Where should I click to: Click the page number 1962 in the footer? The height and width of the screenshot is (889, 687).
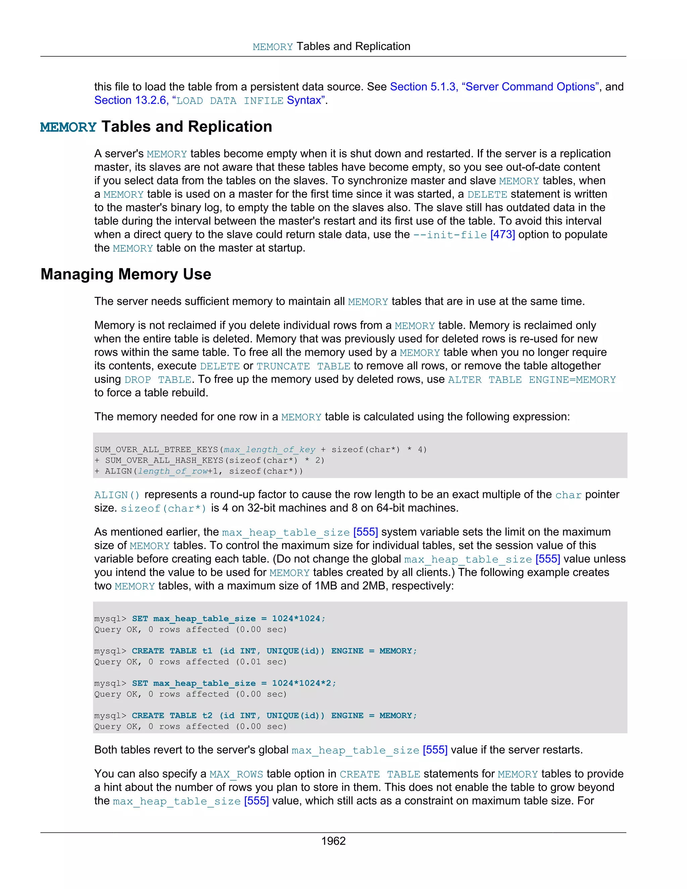tap(333, 841)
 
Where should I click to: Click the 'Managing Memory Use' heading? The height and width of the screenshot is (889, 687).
tap(126, 274)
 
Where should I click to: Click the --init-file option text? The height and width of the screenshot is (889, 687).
tap(450, 235)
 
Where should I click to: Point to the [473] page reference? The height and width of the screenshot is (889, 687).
tap(502, 235)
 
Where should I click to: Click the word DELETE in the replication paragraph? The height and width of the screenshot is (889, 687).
tap(487, 195)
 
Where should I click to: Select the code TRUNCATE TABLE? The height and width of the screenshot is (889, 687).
tap(303, 366)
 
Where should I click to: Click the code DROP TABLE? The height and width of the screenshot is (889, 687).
tap(158, 380)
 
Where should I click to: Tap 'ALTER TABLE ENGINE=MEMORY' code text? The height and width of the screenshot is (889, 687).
tap(532, 380)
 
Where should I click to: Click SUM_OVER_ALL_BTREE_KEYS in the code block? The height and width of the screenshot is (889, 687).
tap(157, 450)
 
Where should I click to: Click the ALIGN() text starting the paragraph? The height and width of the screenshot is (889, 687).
tap(117, 495)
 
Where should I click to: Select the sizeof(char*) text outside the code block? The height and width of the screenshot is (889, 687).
tap(164, 508)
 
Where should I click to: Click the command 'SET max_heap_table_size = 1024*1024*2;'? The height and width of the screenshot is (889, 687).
tap(234, 683)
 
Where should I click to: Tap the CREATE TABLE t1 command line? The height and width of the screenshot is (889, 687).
tap(274, 651)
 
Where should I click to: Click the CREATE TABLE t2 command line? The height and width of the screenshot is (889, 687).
tap(274, 716)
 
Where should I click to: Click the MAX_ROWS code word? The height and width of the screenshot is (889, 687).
tap(236, 774)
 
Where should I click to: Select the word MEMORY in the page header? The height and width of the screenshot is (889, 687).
tap(272, 47)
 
